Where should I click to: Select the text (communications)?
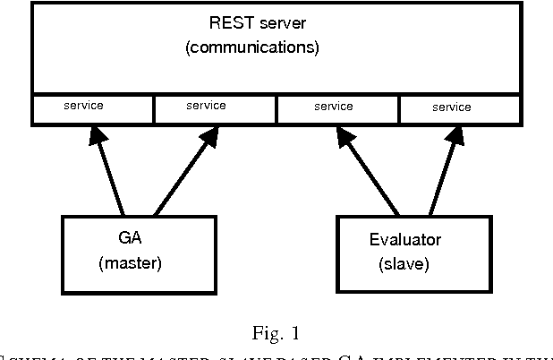click(x=251, y=48)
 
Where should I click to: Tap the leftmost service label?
click(x=83, y=106)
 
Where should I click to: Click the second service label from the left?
click(x=206, y=106)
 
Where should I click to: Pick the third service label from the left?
click(x=334, y=107)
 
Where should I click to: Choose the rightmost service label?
click(x=451, y=107)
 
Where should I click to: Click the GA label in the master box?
click(x=128, y=240)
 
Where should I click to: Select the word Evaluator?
click(x=405, y=240)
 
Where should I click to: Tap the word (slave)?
click(x=404, y=265)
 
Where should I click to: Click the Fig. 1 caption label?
click(x=276, y=335)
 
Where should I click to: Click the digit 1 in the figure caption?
click(x=294, y=335)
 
